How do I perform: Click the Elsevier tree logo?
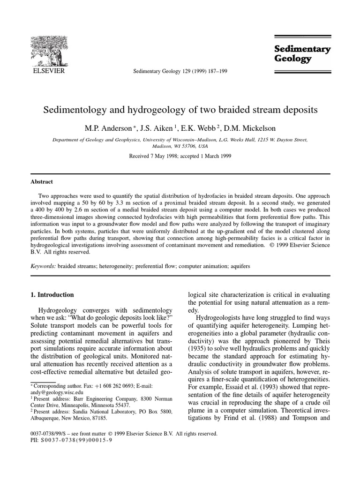point(48,51)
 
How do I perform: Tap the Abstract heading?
point(42,182)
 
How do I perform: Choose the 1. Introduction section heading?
point(52,295)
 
